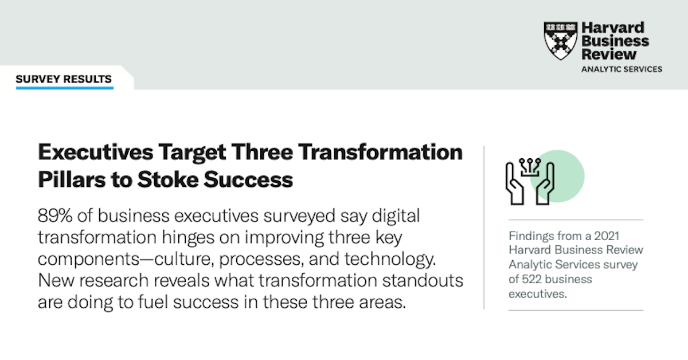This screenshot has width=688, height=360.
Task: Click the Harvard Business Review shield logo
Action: (x=560, y=41)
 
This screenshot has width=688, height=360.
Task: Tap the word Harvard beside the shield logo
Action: (x=605, y=28)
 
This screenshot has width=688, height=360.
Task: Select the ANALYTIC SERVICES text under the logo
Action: (x=621, y=69)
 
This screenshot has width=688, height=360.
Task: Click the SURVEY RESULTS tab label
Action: (x=64, y=79)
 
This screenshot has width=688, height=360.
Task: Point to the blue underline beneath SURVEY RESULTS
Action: (x=64, y=88)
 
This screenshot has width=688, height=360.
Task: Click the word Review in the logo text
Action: (x=609, y=54)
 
